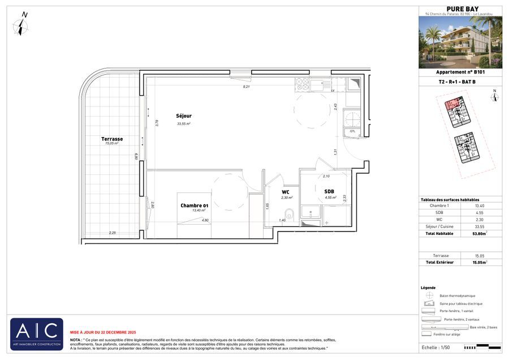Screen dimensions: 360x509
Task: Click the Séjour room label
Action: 183,116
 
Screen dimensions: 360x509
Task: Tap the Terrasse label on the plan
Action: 112,139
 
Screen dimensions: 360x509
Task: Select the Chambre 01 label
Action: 195,205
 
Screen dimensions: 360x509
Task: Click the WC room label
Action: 286,192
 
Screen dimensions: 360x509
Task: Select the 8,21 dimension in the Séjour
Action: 246,87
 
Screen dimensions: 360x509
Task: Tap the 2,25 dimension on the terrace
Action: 113,233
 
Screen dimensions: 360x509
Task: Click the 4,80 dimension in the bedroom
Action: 205,220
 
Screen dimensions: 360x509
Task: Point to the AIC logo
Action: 37,333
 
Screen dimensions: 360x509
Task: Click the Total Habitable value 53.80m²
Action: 480,233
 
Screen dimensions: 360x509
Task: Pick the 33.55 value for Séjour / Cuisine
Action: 480,226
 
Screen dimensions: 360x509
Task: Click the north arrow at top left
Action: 22,25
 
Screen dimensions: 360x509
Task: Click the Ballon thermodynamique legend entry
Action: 457,295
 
